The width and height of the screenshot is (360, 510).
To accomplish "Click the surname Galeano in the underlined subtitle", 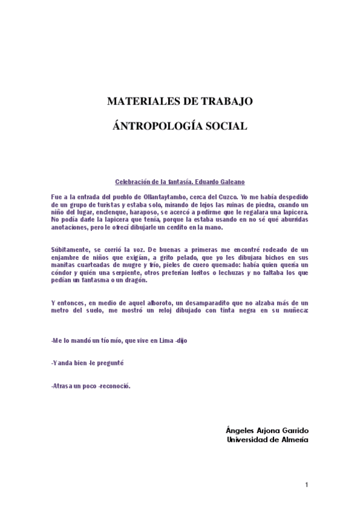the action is (x=231, y=182).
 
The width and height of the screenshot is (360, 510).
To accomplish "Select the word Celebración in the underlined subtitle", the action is (x=132, y=182).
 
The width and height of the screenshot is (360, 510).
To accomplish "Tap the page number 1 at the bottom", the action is (x=307, y=485).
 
